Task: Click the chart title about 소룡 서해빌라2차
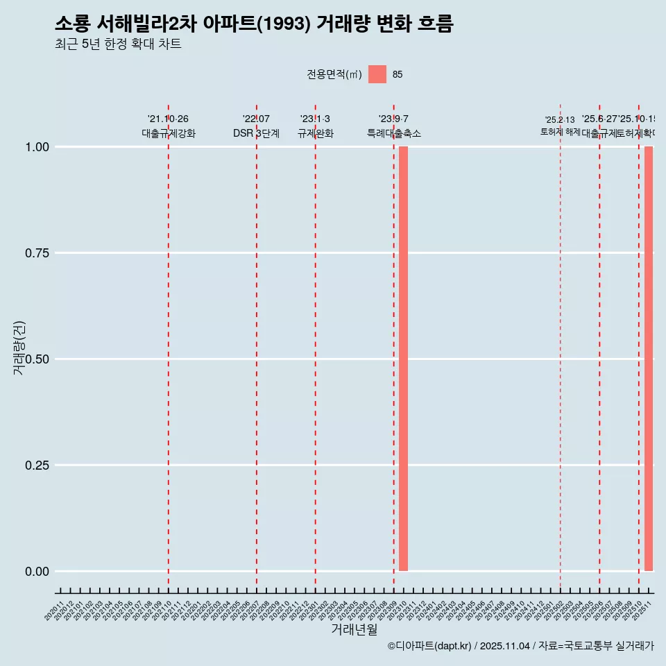pos(254,24)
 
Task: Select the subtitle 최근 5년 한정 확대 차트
pos(118,44)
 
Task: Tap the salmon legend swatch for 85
pos(377,74)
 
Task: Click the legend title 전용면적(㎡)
pos(334,74)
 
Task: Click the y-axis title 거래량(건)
pos(19,347)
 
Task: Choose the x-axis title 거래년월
pos(355,629)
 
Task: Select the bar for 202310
pos(403,359)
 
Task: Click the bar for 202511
pos(649,359)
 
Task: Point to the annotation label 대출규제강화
pos(169,133)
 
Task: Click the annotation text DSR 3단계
pos(256,133)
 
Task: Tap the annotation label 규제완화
pos(316,133)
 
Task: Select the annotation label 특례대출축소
pos(394,133)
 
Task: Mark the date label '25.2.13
pos(560,120)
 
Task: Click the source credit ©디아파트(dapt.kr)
pos(429,646)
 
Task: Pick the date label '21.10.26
pos(168,119)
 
